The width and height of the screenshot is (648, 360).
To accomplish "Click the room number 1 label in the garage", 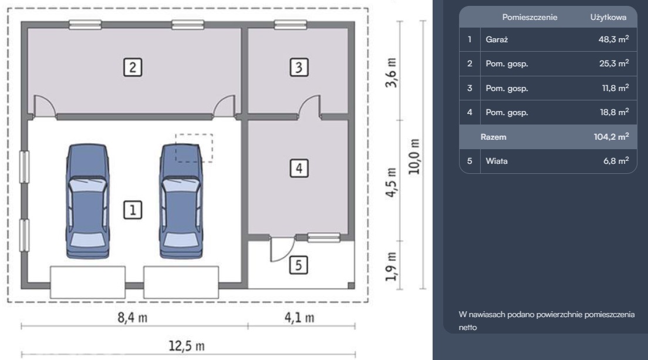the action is (133, 210).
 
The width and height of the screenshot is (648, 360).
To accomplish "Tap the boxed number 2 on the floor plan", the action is (133, 68).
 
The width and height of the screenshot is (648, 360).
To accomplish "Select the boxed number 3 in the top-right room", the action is (299, 68).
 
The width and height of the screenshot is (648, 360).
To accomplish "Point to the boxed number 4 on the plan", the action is (299, 168).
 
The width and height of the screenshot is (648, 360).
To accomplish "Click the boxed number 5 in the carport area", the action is (298, 265).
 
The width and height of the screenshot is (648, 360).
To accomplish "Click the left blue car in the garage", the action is (87, 201).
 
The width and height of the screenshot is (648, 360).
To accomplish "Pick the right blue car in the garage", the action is (181, 201).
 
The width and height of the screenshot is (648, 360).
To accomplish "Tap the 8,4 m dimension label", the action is (132, 318).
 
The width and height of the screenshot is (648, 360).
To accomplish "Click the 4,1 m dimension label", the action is (299, 318).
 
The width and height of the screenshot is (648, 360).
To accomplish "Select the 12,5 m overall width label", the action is (187, 345).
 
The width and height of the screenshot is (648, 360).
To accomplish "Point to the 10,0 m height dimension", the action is (414, 156).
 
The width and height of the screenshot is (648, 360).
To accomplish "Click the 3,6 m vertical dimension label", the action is (391, 73).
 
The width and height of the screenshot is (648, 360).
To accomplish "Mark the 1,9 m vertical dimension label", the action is (391, 267).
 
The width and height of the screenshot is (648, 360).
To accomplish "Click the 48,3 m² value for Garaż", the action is (614, 39).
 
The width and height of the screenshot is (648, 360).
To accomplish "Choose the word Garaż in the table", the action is (497, 40).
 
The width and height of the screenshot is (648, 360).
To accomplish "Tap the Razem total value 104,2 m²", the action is (611, 137).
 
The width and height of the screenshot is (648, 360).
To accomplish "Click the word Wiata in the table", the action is (497, 161).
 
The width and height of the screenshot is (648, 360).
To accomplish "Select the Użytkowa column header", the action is (608, 18).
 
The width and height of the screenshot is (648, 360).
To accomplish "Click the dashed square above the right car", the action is (194, 148).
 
